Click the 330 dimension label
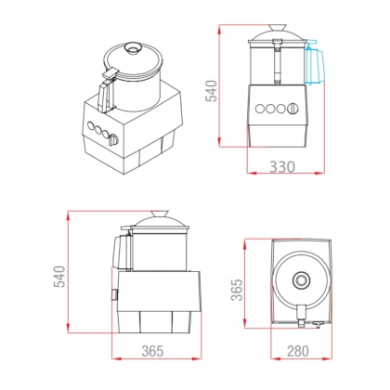pos(282,167)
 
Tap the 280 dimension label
pos(298,351)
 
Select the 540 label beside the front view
pos(212,91)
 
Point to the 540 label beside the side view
pos(59,277)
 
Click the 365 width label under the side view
pos(152,351)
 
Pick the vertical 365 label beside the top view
pos(237,290)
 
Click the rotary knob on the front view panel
pos(292,109)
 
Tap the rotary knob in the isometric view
pos(113,139)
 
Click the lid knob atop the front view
pos(277,28)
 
